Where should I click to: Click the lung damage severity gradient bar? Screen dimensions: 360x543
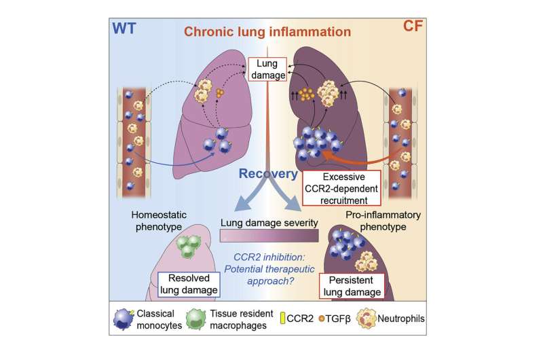pyautogui.click(x=270, y=236)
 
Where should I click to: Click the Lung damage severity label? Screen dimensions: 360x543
pyautogui.click(x=270, y=221)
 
